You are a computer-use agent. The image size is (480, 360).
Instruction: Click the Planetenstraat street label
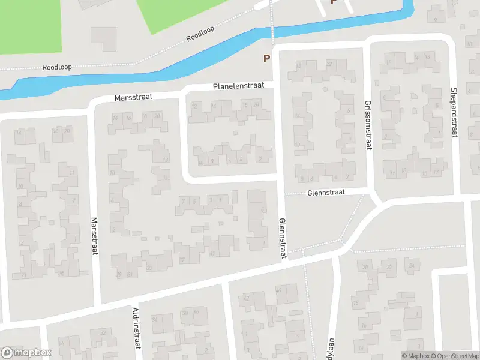238,87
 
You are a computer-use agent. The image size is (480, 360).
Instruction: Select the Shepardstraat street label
454,113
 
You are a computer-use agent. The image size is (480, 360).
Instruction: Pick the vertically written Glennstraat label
282,239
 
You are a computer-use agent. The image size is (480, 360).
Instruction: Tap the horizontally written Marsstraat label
134,97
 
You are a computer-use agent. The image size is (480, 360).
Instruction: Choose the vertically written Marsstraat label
94,236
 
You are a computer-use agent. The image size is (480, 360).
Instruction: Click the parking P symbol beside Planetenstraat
266,59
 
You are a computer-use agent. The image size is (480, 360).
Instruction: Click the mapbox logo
26,353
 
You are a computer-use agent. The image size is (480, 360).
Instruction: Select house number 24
411,266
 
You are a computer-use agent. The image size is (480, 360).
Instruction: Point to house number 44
278,290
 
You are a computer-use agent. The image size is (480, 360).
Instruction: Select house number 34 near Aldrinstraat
155,320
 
